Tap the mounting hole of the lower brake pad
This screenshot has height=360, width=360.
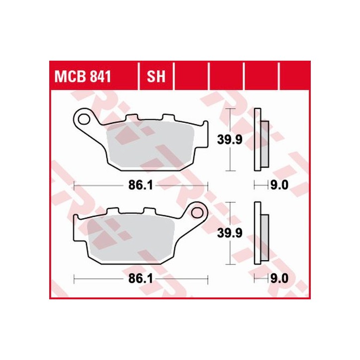(x=198, y=213)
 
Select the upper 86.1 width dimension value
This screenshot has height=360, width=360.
(x=140, y=186)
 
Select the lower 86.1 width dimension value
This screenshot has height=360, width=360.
(x=140, y=279)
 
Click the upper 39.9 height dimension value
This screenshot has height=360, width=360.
(x=230, y=140)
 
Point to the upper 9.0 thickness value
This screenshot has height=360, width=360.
(x=278, y=186)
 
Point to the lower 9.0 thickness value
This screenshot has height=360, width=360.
(x=278, y=279)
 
